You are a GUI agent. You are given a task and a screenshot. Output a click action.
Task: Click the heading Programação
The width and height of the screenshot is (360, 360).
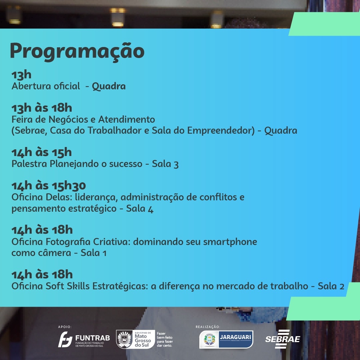77,51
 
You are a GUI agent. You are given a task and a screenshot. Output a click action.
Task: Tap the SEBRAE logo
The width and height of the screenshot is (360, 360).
283,339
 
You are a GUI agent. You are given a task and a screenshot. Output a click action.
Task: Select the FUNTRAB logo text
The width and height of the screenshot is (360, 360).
93,338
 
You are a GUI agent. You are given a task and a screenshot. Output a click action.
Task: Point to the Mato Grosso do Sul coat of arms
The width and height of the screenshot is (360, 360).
124,339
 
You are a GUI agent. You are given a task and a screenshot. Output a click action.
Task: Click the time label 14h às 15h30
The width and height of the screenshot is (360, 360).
49,186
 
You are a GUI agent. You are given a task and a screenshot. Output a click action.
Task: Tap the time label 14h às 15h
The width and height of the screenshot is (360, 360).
42,152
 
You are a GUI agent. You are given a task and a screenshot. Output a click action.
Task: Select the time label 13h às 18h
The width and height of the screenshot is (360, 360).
42,108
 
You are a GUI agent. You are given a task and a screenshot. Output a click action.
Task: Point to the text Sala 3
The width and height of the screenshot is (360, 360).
165,164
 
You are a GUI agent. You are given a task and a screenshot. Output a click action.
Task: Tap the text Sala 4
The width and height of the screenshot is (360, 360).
140,209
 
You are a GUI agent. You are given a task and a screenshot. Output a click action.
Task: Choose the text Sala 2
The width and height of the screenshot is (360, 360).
331,286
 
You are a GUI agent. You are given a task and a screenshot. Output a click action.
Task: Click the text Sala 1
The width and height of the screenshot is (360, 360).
93,253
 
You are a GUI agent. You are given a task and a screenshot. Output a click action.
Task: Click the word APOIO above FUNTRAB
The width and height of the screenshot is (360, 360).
65,327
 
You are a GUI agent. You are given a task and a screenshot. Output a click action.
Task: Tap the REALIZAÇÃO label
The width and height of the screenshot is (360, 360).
208,327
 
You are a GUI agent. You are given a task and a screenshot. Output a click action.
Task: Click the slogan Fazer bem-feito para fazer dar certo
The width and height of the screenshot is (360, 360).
165,339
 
